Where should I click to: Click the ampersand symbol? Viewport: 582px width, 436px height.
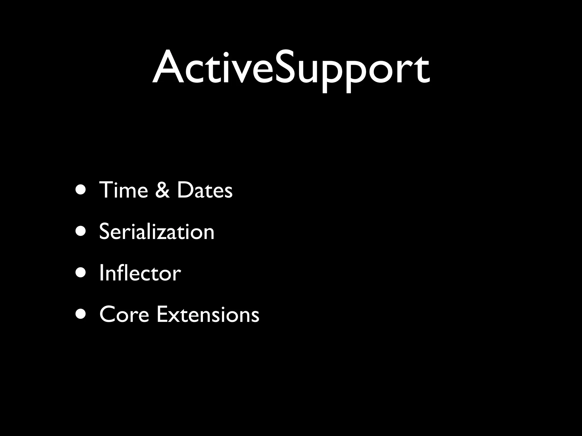pos(162,190)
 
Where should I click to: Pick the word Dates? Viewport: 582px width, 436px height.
pos(205,190)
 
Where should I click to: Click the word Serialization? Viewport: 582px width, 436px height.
pos(157,231)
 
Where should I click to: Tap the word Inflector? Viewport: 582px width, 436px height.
pos(140,273)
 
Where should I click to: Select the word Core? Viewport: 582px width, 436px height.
pos(124,315)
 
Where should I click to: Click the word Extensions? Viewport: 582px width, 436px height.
pos(208,315)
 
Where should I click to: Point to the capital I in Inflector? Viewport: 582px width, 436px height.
pos(101,273)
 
